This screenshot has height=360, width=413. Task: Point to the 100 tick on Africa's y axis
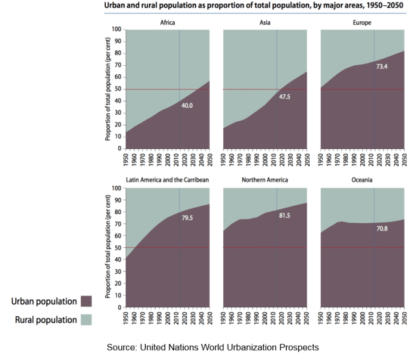[116, 30]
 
